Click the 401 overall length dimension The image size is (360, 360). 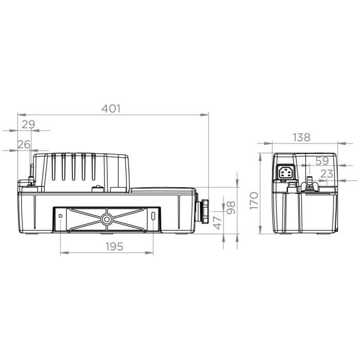[111, 109]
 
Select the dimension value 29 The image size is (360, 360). [28, 124]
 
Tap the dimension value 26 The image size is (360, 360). [24, 145]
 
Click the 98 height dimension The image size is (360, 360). [230, 207]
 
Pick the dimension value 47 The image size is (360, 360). [217, 222]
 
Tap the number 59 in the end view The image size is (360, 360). [322, 160]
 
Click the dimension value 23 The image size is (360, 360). [327, 174]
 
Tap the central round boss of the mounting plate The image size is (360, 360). [107, 219]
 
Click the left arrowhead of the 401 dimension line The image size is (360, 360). [20, 115]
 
